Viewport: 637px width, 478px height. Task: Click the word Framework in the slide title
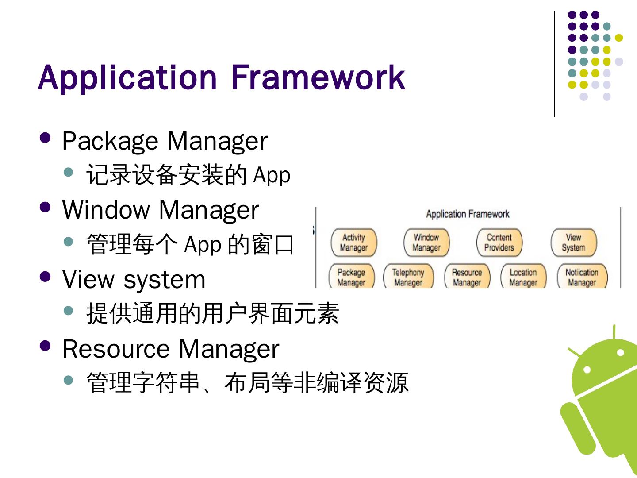318,78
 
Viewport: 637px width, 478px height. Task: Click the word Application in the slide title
127,78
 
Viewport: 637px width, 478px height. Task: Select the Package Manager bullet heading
165,141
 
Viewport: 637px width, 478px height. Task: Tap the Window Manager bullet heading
160,210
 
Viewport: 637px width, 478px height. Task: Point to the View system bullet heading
134,280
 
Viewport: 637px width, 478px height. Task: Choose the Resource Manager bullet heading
171,349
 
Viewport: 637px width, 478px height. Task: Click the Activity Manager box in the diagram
353,243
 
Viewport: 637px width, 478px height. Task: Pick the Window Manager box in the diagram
426,243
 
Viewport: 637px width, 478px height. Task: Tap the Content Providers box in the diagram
499,243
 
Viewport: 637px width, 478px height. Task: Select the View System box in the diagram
573,243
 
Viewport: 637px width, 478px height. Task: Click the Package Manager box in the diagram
351,277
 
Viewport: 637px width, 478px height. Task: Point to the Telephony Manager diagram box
408,277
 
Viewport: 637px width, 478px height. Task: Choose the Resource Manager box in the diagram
467,277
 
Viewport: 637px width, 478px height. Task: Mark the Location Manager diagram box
523,277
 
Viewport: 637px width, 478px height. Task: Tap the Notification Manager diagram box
582,277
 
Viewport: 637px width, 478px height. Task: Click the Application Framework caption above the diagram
468,214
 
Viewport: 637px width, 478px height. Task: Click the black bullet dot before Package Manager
45,137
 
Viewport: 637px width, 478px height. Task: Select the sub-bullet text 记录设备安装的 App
188,175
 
